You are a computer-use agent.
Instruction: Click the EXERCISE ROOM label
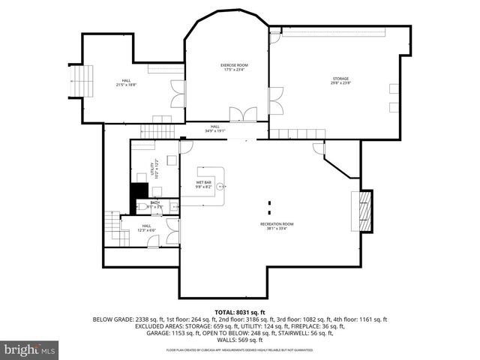click(x=234, y=67)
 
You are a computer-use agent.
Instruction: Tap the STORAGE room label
click(x=341, y=81)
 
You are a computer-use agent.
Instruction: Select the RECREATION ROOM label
click(x=277, y=226)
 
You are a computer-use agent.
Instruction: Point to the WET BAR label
click(x=203, y=184)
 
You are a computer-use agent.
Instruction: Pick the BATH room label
click(x=155, y=204)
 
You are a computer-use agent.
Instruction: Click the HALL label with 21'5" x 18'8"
click(x=126, y=82)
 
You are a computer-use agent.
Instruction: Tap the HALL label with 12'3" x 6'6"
click(x=146, y=228)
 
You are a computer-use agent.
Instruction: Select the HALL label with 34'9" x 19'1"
click(x=214, y=129)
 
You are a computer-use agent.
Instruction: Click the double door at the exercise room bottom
click(x=243, y=114)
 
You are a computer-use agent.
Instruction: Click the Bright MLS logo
click(x=28, y=349)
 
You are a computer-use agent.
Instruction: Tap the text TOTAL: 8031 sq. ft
click(x=239, y=312)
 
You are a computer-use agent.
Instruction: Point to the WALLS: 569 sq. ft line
click(x=239, y=340)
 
